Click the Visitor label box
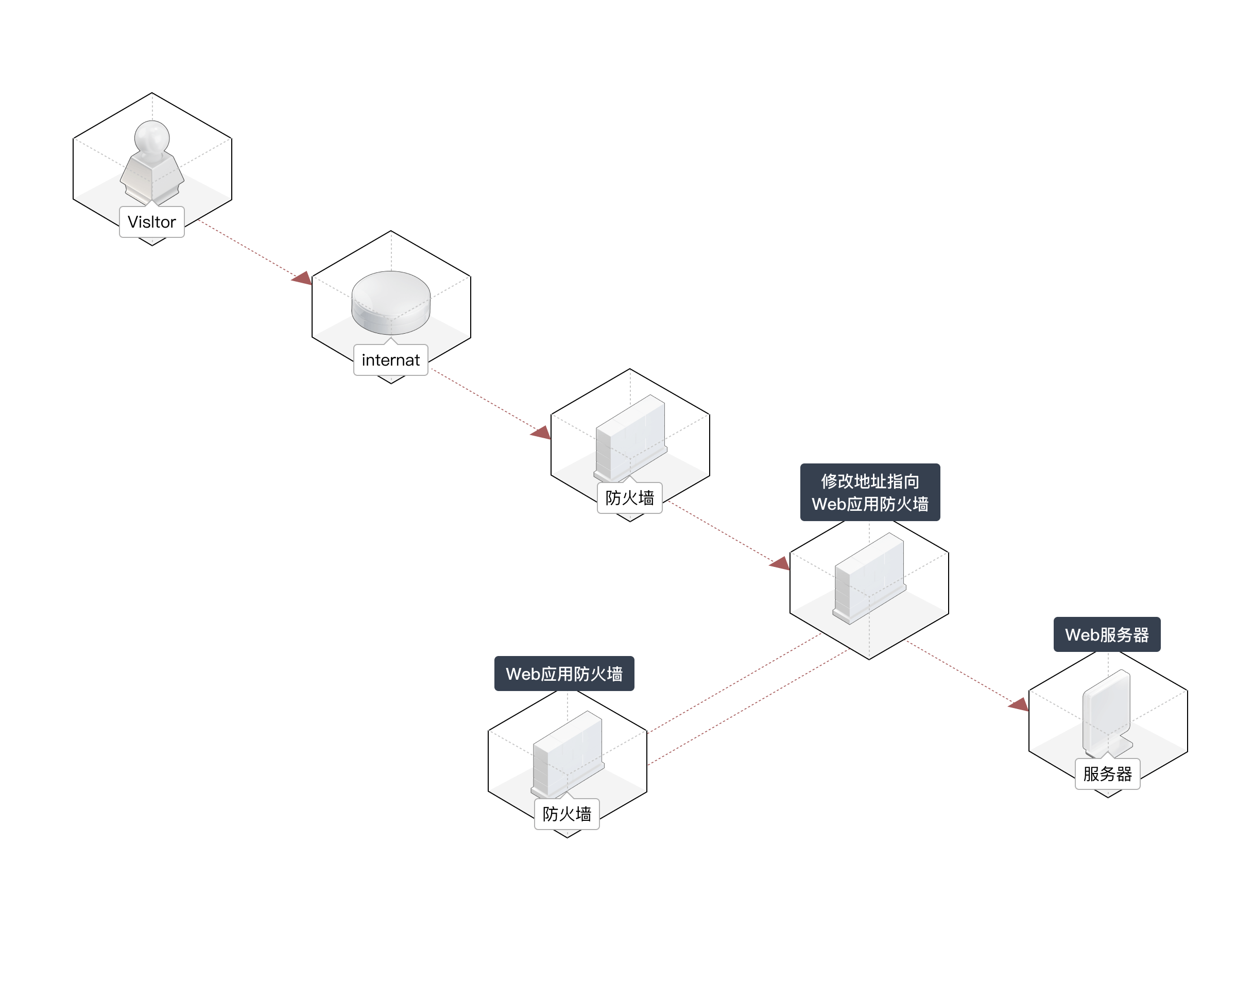pos(151,222)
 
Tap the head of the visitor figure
pos(151,137)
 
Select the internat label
pos(390,360)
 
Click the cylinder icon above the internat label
pos(390,302)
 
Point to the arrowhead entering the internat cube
pos(302,280)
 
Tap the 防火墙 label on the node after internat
pos(629,498)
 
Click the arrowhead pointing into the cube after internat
pos(541,433)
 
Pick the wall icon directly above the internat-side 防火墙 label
pos(631,438)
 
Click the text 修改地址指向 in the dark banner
pos(870,481)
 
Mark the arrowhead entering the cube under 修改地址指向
pos(780,563)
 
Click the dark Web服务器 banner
pos(1106,635)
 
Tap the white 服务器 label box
pos(1107,773)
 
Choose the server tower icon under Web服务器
pos(1107,714)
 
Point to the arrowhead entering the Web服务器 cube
pos(1019,704)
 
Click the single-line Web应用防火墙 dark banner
pos(564,674)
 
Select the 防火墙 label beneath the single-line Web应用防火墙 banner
pos(566,814)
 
